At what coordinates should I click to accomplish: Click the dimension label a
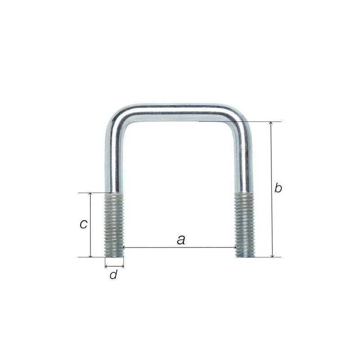(181, 240)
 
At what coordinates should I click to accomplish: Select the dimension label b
(278, 188)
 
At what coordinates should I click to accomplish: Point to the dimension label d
(113, 274)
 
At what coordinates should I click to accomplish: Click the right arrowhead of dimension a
(235, 247)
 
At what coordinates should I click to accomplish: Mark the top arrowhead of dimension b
(271, 123)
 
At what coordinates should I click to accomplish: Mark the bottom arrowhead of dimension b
(273, 255)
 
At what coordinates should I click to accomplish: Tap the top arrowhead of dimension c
(90, 194)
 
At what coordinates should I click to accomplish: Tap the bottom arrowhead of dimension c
(91, 255)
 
